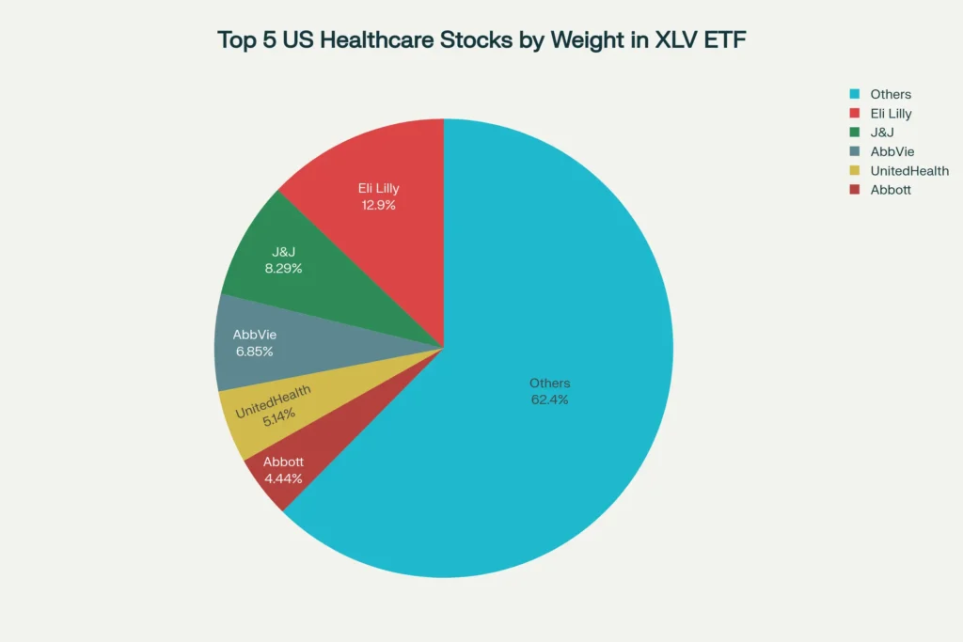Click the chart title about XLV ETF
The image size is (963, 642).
click(481, 40)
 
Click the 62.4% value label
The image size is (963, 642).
click(550, 399)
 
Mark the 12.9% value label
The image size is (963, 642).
click(379, 205)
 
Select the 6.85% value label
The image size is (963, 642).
click(255, 352)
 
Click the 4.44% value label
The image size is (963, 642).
click(283, 478)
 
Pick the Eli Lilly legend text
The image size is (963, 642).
click(891, 114)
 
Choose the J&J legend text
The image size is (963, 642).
click(882, 133)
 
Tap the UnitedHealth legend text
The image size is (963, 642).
click(908, 171)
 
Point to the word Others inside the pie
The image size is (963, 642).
click(550, 384)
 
